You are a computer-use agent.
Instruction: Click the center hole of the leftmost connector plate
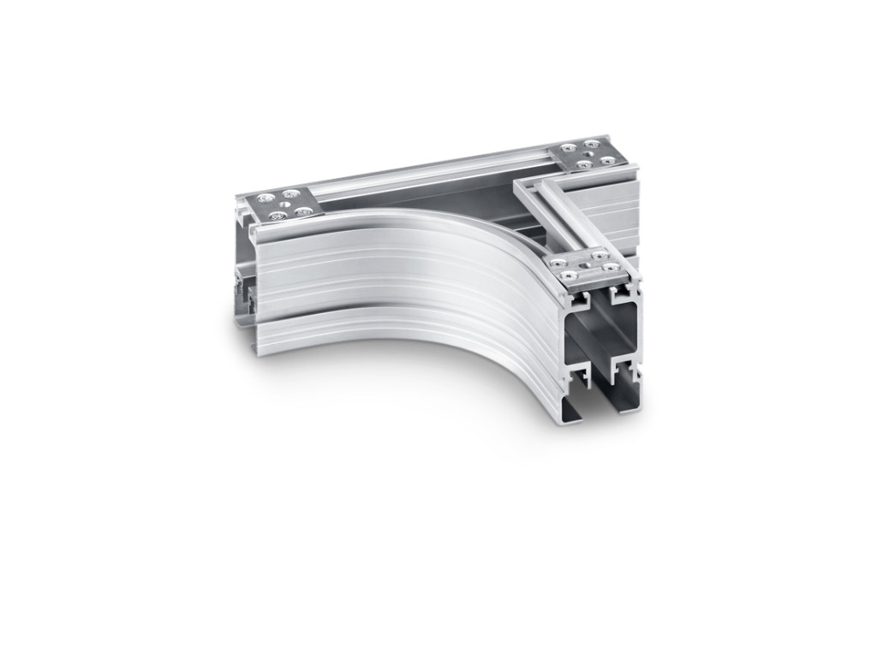point(284,204)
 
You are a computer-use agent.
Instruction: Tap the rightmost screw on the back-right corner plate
point(607,160)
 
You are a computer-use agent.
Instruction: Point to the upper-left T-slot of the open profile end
point(581,302)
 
